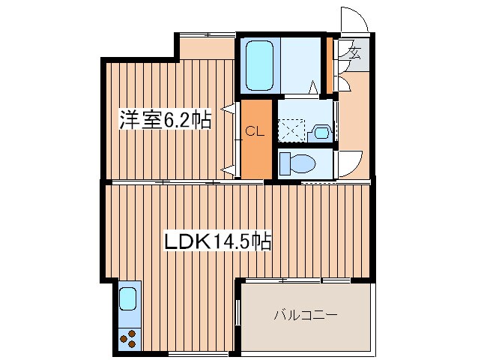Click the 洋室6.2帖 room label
[x=165, y=120]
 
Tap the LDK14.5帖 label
[x=217, y=241]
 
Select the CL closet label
[x=255, y=132]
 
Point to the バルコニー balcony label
[x=306, y=315]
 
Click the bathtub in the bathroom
[x=259, y=65]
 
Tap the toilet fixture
[x=297, y=163]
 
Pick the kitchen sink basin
[x=127, y=299]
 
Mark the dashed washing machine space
[x=291, y=130]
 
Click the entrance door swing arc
[x=354, y=19]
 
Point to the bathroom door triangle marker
[x=313, y=87]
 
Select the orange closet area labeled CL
[x=256, y=139]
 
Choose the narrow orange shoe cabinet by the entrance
[x=329, y=65]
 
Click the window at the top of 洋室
[x=208, y=34]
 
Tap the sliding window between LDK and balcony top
[x=298, y=280]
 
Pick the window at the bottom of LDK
[x=198, y=354]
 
